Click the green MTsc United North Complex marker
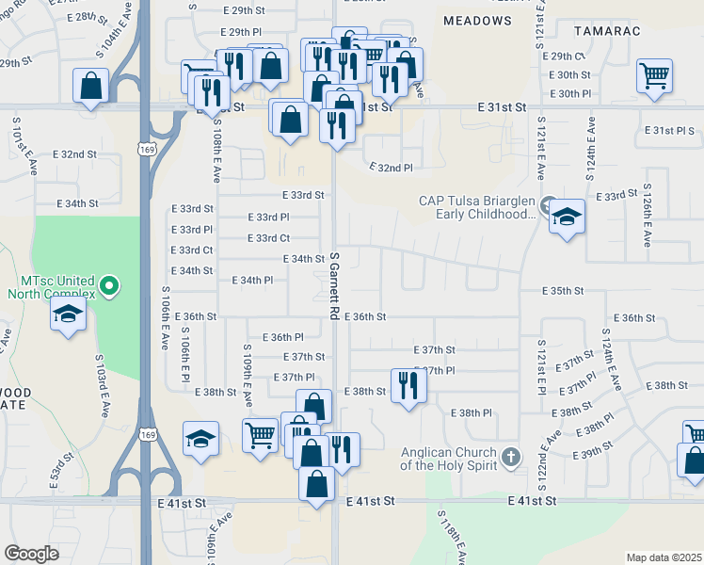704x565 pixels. (110, 284)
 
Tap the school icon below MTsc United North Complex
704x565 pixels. (69, 315)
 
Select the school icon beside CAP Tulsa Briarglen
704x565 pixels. (567, 217)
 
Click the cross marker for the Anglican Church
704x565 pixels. (510, 457)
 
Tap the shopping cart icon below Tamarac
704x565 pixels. (654, 74)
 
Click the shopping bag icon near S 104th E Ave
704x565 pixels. (90, 88)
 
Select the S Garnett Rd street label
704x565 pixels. (333, 282)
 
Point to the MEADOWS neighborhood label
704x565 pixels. (475, 19)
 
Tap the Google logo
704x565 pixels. (31, 554)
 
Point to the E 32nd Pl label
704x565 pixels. (390, 168)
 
